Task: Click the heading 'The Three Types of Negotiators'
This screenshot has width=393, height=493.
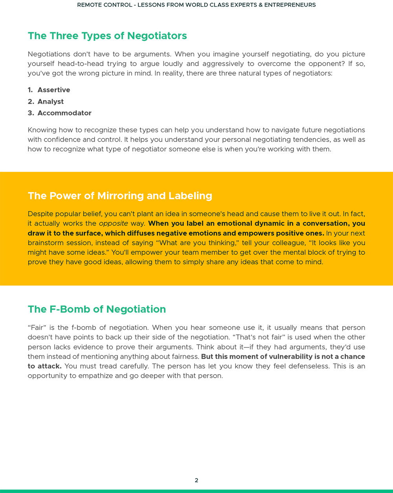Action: pyautogui.click(x=107, y=36)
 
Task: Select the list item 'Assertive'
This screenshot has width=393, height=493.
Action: pyautogui.click(x=54, y=90)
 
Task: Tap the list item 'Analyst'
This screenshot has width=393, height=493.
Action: pyautogui.click(x=51, y=101)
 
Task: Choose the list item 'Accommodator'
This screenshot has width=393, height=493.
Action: pyautogui.click(x=64, y=113)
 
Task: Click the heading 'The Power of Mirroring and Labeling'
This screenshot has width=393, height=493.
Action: pyautogui.click(x=120, y=196)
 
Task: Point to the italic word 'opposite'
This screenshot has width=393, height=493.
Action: pyautogui.click(x=113, y=224)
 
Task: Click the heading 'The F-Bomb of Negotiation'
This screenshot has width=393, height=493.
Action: pyautogui.click(x=97, y=309)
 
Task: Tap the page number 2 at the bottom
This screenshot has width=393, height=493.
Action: pyautogui.click(x=196, y=480)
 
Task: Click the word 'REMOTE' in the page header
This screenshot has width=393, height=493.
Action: pyautogui.click(x=90, y=5)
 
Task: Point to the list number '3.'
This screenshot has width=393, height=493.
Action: pyautogui.click(x=31, y=113)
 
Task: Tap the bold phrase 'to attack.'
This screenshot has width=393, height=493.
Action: pyautogui.click(x=44, y=366)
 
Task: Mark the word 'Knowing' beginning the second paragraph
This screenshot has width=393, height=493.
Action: pyautogui.click(x=41, y=130)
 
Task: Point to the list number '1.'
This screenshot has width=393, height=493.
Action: pyautogui.click(x=30, y=90)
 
